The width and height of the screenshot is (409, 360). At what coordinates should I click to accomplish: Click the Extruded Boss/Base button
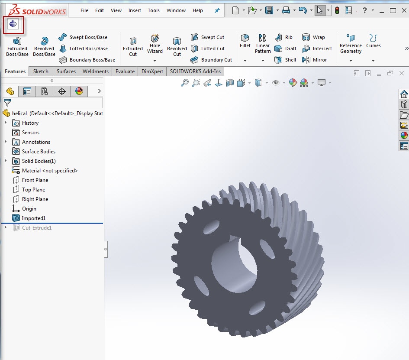17,46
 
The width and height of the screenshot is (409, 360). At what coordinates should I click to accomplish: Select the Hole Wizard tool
155,44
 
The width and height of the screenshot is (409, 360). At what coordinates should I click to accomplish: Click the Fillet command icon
245,41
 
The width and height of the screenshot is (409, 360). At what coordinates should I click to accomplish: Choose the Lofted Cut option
208,49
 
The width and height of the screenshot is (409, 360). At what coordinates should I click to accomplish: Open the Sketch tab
41,71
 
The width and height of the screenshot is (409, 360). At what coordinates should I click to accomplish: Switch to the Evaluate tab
125,71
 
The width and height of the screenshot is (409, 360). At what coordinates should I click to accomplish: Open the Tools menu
154,10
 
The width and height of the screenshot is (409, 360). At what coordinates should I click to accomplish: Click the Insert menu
135,10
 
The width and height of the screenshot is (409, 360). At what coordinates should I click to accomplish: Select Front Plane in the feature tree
35,180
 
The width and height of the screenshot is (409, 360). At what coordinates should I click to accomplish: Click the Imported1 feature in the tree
33,218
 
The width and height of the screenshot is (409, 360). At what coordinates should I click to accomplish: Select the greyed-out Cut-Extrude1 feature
36,228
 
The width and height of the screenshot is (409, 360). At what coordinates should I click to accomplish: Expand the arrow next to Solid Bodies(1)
6,161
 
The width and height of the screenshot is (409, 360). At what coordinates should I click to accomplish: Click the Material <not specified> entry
49,171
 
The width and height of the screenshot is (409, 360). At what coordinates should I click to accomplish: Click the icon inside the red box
13,24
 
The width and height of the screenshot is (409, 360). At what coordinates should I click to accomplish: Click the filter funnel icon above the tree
7,103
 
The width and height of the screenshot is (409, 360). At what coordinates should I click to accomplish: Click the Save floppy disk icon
269,10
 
